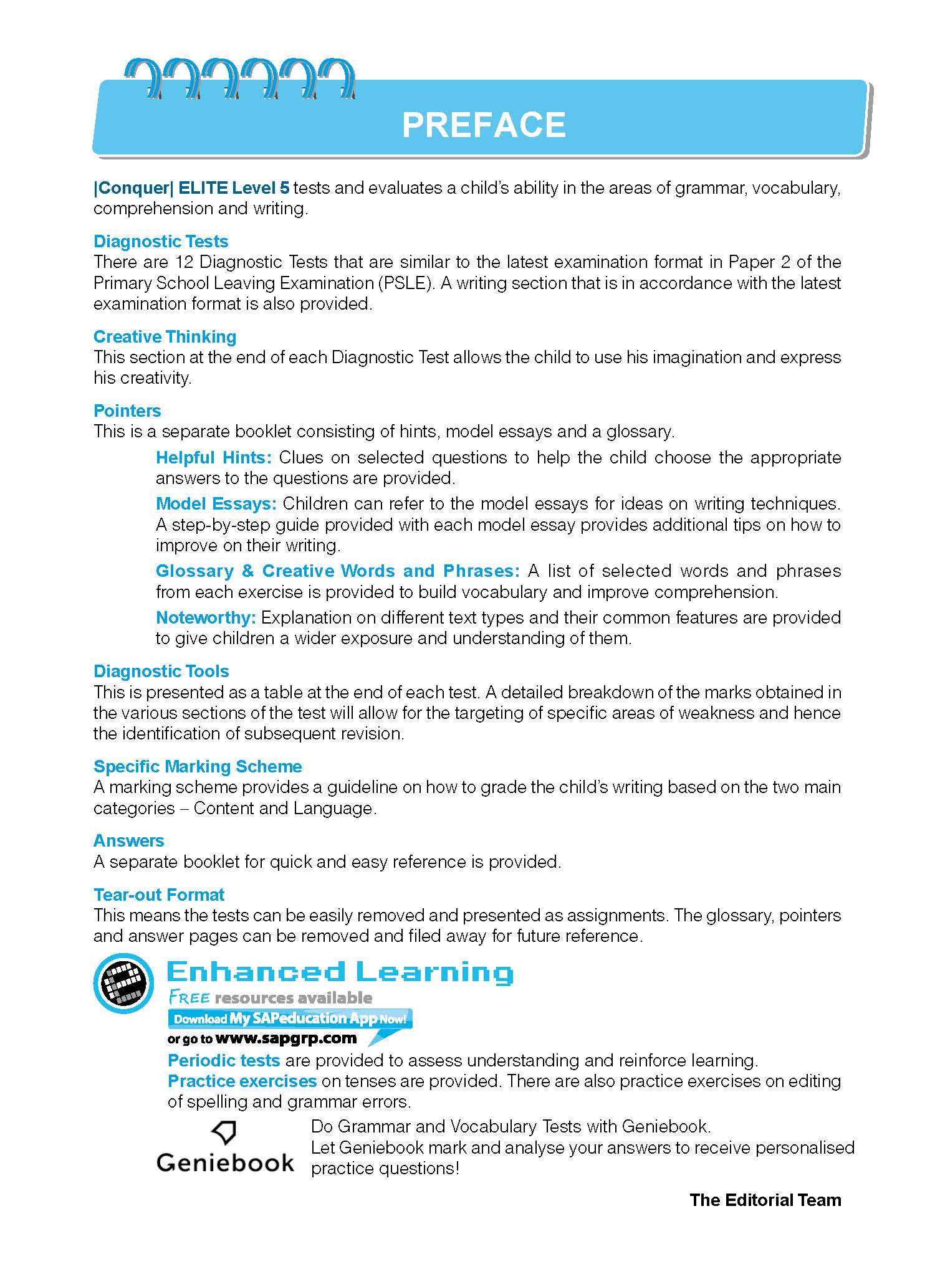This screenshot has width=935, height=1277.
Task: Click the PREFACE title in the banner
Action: click(484, 125)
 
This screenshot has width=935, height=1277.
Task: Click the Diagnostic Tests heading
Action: click(161, 242)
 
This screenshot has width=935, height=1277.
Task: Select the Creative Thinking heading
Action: click(165, 337)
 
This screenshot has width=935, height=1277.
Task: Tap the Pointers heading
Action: click(127, 411)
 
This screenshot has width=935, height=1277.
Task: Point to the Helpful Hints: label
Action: click(214, 458)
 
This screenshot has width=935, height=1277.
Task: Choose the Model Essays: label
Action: click(216, 504)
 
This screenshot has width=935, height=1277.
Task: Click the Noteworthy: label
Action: click(206, 618)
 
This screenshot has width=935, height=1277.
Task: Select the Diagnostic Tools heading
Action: click(161, 672)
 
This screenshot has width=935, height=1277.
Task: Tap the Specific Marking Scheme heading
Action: click(198, 767)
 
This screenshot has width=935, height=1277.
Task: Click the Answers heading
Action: click(128, 841)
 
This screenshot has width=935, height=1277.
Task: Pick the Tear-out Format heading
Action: click(159, 895)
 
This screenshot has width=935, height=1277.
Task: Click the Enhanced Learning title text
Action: click(340, 972)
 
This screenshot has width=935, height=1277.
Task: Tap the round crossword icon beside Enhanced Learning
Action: click(123, 983)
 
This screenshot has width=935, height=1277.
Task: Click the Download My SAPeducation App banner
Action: click(290, 1019)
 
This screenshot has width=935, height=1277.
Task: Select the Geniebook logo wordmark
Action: click(225, 1162)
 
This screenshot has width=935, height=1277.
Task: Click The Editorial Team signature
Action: click(765, 1200)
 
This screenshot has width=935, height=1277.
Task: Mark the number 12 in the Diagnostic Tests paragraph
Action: click(187, 262)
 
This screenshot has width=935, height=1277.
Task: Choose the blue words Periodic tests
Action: click(224, 1060)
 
